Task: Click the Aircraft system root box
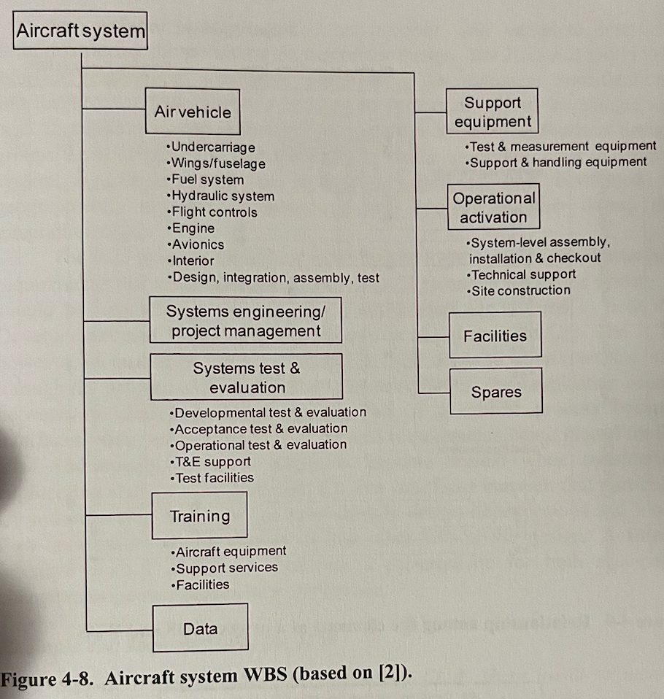(80, 31)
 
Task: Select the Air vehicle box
(193, 112)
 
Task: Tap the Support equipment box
(493, 112)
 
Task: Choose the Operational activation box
(493, 207)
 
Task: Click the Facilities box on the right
(495, 336)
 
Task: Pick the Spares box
(496, 392)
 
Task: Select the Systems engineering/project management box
(246, 320)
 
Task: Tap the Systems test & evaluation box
(247, 377)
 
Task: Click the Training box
(199, 516)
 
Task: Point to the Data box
(200, 628)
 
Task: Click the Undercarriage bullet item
(212, 147)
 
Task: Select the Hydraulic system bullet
(222, 196)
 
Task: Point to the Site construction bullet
(520, 290)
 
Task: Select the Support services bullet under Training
(225, 568)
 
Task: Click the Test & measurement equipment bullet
(562, 147)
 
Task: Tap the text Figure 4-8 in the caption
(47, 678)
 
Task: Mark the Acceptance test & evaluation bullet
(260, 429)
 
